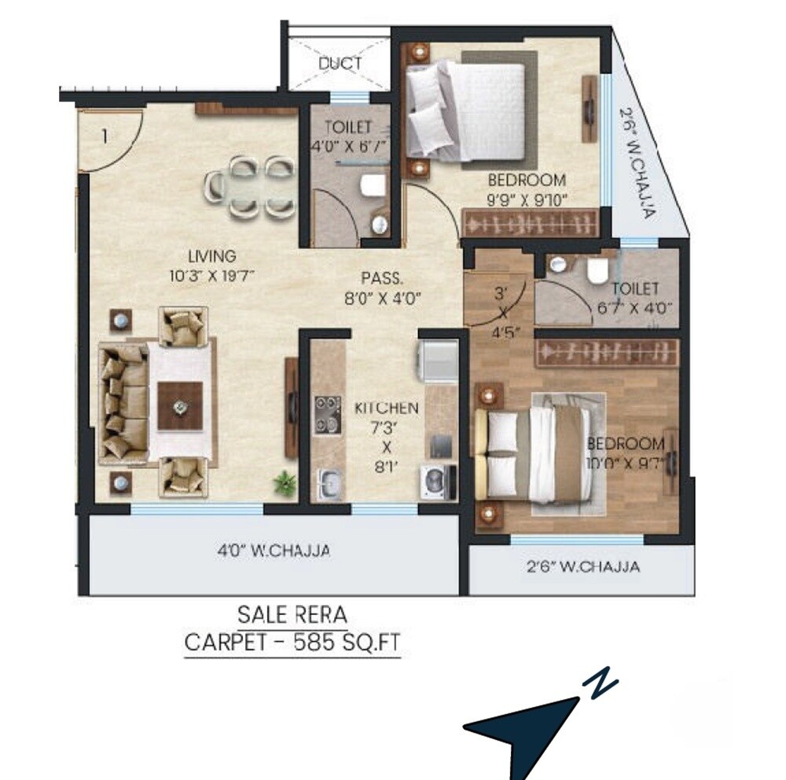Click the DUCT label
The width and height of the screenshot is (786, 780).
coord(340,64)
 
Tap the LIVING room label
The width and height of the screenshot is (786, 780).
coord(211,256)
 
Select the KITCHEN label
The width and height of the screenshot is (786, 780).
coord(386,408)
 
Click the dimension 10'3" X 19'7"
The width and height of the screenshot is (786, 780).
coord(211,275)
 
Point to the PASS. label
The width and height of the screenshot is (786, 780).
coord(382,278)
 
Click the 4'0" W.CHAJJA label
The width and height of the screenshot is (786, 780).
coord(274,551)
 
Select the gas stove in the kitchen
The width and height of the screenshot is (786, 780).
coord(326,414)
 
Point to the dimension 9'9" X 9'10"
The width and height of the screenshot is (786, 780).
coord(527,199)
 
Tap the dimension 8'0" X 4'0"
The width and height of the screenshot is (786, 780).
coord(382,298)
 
